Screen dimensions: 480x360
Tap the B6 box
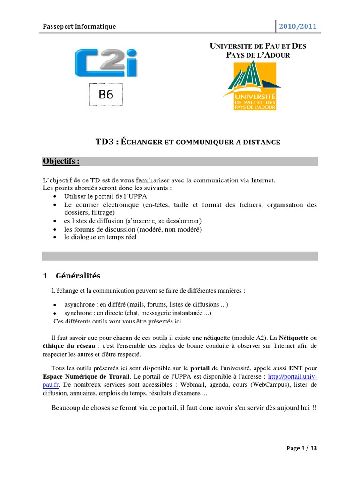coord(106,95)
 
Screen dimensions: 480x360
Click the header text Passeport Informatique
coord(79,26)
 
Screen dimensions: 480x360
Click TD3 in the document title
coord(105,141)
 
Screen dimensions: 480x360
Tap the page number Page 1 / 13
coord(302,448)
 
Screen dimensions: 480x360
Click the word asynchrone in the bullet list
coord(82,305)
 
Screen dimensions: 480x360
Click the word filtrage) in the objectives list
coord(99,212)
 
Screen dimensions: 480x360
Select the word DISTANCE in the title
coord(258,142)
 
